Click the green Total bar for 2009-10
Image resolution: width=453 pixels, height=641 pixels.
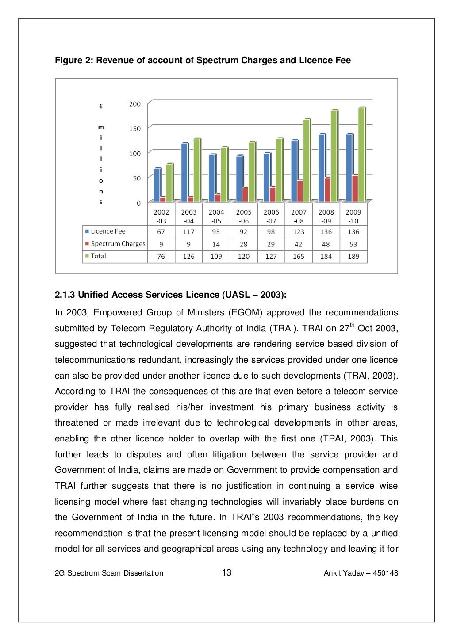(361, 155)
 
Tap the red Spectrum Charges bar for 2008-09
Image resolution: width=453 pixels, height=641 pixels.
(327, 190)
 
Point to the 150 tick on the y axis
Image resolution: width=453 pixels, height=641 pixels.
(134, 129)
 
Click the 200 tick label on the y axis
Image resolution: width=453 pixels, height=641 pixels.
(134, 104)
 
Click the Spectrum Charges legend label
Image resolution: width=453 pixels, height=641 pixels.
(118, 244)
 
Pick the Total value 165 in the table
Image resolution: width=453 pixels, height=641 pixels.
(299, 257)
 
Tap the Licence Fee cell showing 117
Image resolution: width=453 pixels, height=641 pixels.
(188, 232)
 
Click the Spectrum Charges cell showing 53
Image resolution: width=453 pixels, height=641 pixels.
(353, 244)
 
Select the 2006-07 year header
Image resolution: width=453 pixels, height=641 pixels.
(271, 216)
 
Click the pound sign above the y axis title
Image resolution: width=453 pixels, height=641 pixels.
(101, 106)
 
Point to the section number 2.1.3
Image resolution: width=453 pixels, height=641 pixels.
(65, 295)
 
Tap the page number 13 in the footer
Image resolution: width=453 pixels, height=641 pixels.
(226, 573)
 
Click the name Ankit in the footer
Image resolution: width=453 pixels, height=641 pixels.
(332, 573)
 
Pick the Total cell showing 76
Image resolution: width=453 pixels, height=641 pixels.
(161, 257)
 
